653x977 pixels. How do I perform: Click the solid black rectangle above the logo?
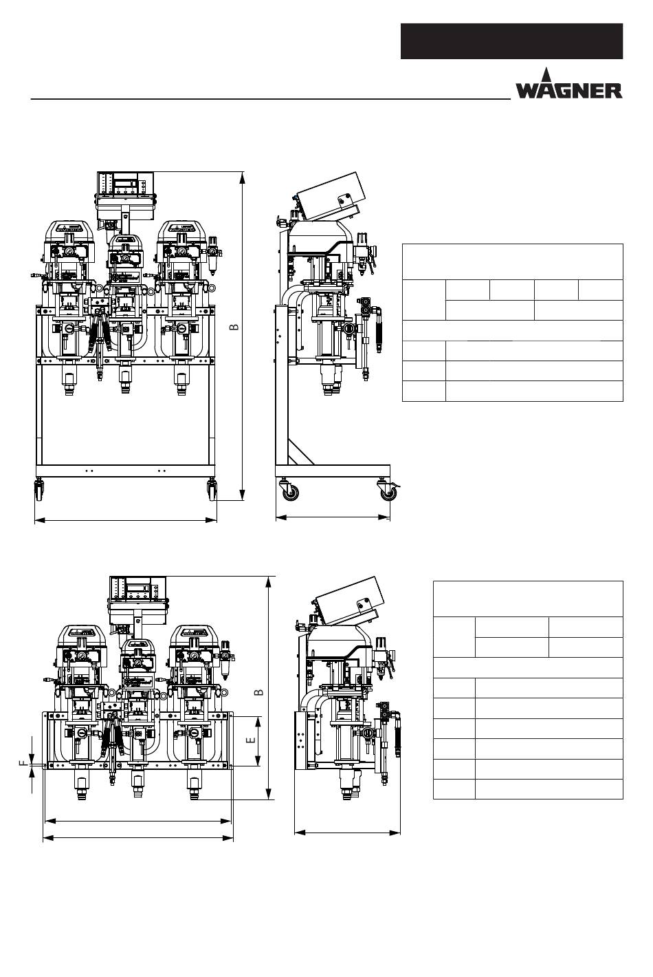click(x=511, y=41)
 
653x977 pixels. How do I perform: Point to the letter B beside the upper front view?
click(x=234, y=325)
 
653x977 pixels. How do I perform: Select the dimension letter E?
click(x=251, y=740)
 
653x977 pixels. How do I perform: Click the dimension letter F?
click(x=23, y=763)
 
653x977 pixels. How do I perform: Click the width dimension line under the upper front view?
click(x=125, y=521)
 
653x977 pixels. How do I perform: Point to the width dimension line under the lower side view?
click(x=347, y=833)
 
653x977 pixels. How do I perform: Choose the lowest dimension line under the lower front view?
click(x=137, y=838)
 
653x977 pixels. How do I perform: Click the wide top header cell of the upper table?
click(x=512, y=261)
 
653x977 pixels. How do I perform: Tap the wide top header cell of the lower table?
click(x=528, y=599)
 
